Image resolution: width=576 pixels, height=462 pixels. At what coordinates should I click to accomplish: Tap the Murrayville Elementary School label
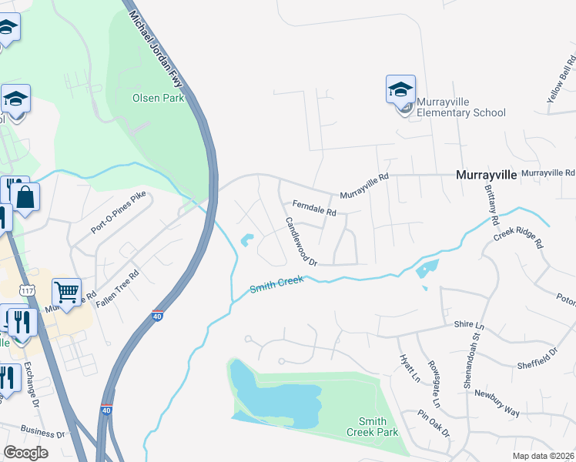pos(460,107)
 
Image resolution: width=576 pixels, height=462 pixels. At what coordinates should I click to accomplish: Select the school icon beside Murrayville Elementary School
pos(400,91)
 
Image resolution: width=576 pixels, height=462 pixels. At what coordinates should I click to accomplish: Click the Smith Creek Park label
pos(378,427)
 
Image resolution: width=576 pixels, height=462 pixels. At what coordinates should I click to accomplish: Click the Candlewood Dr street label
pos(301,242)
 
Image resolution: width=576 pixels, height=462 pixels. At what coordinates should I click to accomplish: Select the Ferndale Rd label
pos(314,208)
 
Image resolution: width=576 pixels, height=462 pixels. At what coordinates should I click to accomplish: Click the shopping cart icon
pos(67,292)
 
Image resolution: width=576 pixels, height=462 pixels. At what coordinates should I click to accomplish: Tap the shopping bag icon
pos(25,197)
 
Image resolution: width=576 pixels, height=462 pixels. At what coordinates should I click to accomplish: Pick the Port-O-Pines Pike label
pos(118,213)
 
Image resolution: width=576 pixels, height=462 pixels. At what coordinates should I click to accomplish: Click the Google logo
pos(25,452)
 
